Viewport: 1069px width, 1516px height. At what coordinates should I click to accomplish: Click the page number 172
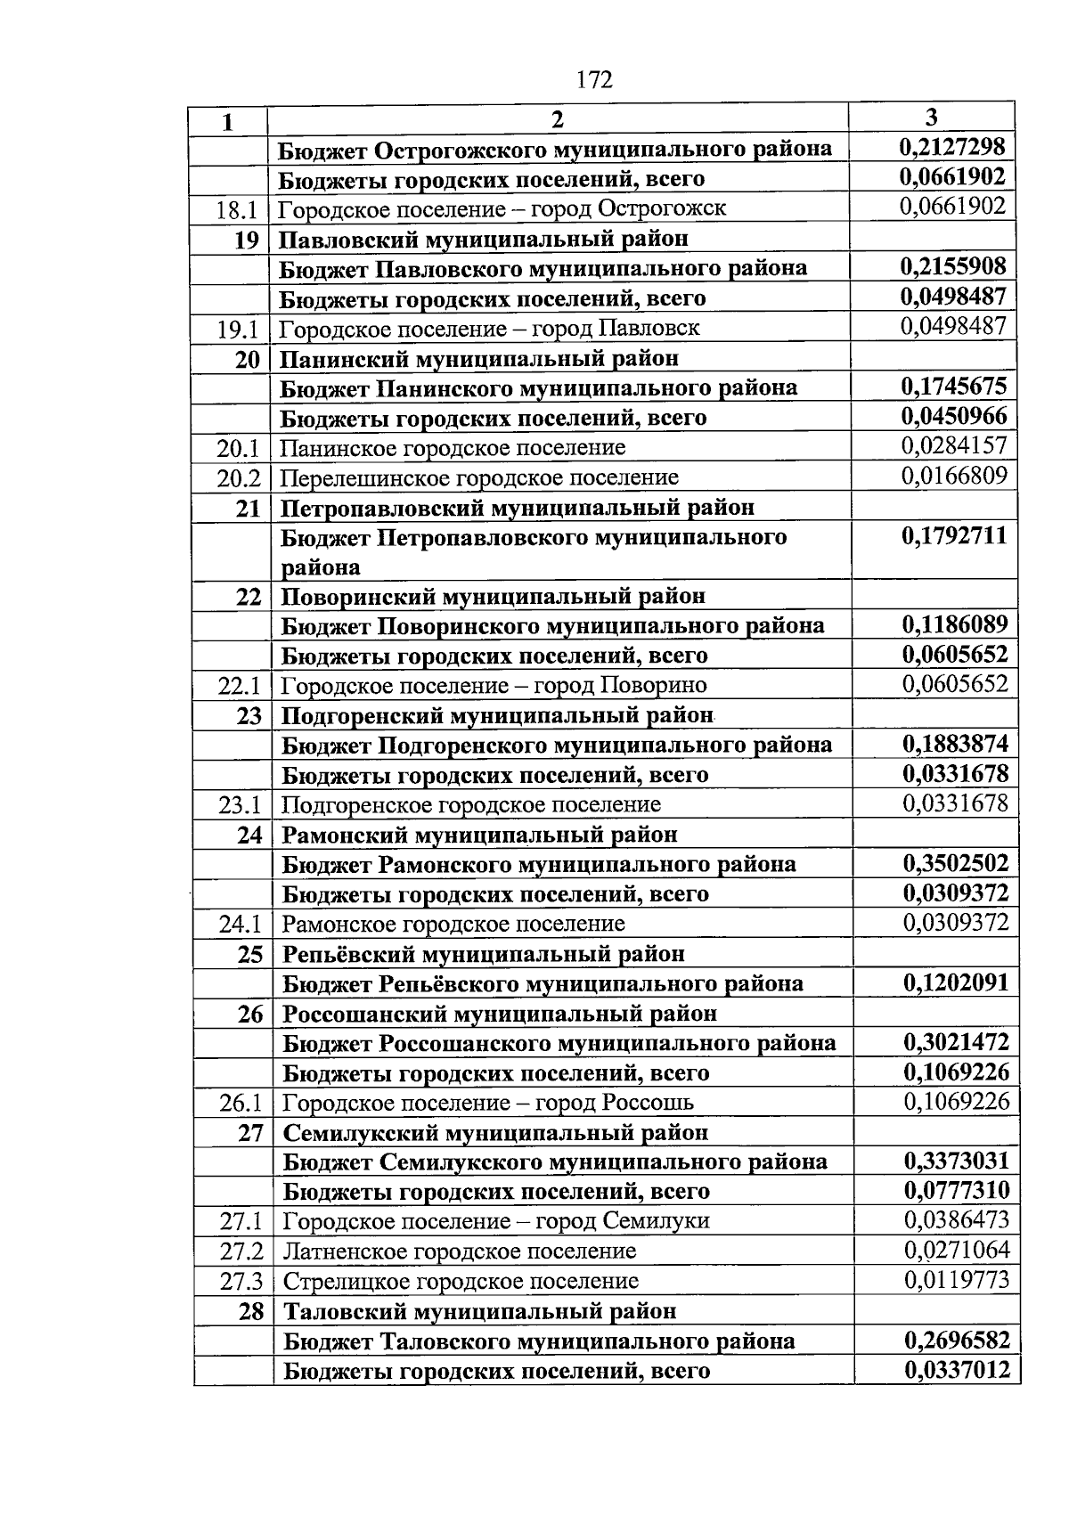(x=594, y=80)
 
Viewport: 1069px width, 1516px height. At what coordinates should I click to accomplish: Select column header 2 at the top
(x=557, y=119)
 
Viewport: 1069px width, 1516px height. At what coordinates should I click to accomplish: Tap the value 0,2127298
(x=952, y=147)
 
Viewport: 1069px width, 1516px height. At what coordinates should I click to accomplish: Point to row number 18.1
(x=236, y=210)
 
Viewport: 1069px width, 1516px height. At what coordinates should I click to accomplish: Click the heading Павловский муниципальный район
(x=484, y=239)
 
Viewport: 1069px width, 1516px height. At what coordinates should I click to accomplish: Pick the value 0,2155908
(x=953, y=266)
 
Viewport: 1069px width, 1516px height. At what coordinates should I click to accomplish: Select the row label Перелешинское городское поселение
(x=479, y=478)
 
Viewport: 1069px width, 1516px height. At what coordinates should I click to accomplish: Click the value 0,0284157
(x=954, y=445)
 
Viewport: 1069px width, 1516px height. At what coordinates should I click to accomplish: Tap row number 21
(x=248, y=508)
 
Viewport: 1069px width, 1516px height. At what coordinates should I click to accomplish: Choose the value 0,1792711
(x=954, y=535)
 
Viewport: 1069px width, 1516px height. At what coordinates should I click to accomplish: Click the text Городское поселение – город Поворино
(x=494, y=685)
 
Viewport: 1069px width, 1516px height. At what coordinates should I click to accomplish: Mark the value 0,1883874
(x=956, y=744)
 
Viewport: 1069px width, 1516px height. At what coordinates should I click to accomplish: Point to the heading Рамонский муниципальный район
(x=479, y=835)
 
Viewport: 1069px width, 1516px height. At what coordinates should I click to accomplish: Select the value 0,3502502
(x=956, y=863)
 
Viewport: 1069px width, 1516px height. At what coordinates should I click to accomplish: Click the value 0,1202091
(x=956, y=982)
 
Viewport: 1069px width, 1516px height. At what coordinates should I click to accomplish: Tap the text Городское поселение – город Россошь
(x=488, y=1103)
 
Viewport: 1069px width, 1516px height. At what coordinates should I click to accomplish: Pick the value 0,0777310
(x=957, y=1190)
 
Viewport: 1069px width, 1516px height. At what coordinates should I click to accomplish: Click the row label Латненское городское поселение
(x=460, y=1251)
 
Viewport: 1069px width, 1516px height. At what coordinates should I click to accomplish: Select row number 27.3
(x=241, y=1282)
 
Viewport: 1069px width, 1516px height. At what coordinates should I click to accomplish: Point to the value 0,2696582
(x=958, y=1340)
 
